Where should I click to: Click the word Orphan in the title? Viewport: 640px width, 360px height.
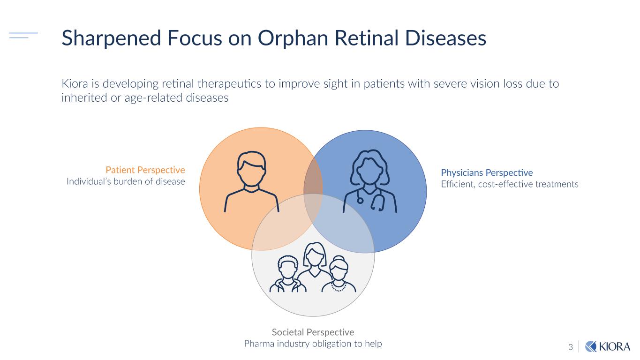tap(293, 38)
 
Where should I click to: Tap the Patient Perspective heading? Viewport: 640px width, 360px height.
tap(145, 170)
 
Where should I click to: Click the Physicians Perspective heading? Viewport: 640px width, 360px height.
tap(487, 173)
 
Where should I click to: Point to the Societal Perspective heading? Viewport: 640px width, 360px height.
tap(313, 332)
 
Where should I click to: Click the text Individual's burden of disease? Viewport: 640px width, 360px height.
tap(126, 181)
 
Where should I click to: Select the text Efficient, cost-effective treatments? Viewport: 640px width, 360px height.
tap(510, 184)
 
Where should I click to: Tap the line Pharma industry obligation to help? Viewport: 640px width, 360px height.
tap(313, 344)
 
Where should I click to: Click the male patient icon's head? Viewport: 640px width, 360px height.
tap(251, 169)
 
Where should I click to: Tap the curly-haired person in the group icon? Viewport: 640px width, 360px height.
tap(288, 274)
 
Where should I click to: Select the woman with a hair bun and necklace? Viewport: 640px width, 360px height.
tap(339, 274)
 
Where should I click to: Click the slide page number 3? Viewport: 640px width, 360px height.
tap(571, 347)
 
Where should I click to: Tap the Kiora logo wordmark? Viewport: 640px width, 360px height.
tap(614, 347)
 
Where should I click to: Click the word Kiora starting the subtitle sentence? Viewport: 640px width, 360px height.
tap(75, 84)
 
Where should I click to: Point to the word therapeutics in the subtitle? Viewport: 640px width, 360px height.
tap(229, 84)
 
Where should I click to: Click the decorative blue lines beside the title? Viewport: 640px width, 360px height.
tap(23, 35)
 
